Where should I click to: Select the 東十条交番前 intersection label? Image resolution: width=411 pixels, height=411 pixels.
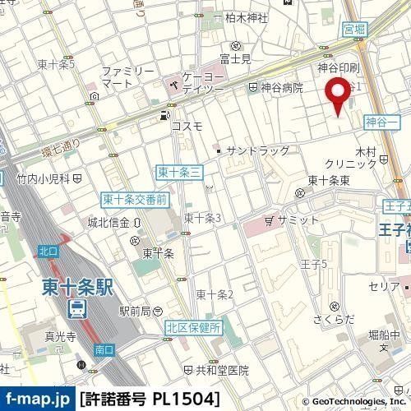point(135,199)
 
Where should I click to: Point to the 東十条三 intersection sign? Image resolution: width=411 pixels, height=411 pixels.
point(173,171)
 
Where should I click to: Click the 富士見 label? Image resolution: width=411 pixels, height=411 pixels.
point(234,59)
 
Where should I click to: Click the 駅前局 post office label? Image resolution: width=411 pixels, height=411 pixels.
point(134,311)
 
